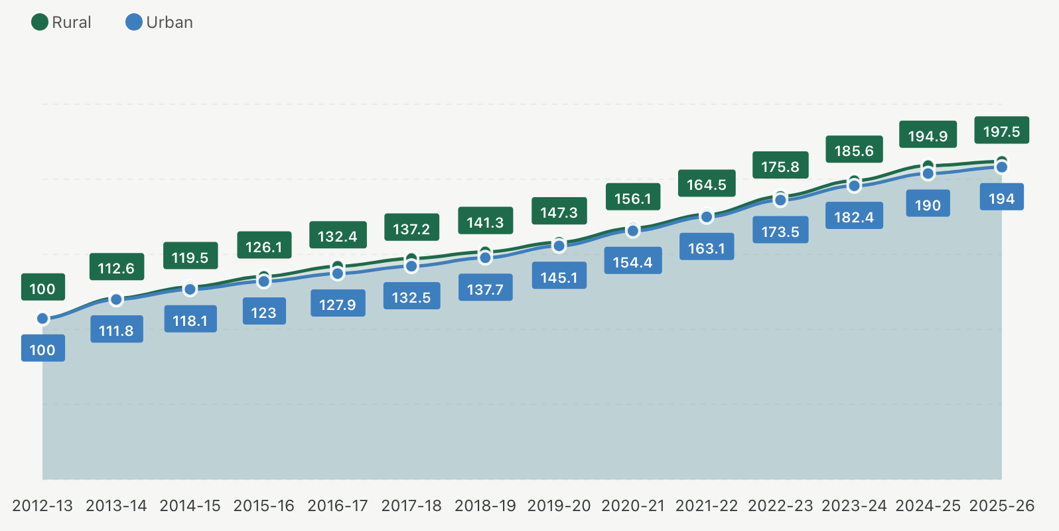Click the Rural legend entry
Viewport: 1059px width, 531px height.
[61, 23]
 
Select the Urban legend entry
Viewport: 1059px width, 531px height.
[159, 23]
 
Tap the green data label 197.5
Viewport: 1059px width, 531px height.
[1001, 131]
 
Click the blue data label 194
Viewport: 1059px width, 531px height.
[1001, 198]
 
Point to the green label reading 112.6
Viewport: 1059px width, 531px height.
[116, 268]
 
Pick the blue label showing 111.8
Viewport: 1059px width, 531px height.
[116, 331]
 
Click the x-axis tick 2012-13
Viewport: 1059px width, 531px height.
[42, 506]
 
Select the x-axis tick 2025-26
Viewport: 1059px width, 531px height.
[1001, 506]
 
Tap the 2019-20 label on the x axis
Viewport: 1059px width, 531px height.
[559, 506]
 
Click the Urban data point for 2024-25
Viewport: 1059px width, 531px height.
[928, 174]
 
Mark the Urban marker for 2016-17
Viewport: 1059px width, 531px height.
[338, 273]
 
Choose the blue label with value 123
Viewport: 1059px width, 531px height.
[263, 313]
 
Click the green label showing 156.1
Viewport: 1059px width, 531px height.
[632, 198]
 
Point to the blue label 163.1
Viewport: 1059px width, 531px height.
[706, 248]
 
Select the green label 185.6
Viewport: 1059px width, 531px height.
[854, 151]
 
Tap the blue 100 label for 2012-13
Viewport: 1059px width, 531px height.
[42, 350]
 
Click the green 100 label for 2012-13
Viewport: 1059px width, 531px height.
[42, 289]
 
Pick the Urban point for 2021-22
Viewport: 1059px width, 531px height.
[707, 217]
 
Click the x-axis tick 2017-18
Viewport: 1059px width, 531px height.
[411, 506]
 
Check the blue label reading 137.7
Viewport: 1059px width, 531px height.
[485, 289]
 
